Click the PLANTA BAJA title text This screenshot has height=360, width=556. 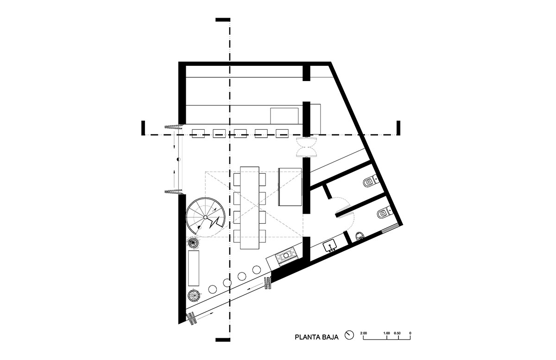click(x=316, y=337)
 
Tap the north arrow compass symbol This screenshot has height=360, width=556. click(x=349, y=335)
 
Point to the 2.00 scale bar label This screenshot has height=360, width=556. click(x=364, y=333)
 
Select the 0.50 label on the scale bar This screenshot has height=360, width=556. click(x=397, y=333)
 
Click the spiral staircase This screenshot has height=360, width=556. click(x=206, y=217)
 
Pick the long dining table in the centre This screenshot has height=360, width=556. click(x=249, y=208)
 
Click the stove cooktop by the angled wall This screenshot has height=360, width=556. click(x=286, y=256)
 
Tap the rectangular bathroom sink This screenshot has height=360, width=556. click(x=329, y=246)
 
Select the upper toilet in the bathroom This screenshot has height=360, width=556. click(x=370, y=183)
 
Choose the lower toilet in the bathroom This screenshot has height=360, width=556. click(x=384, y=213)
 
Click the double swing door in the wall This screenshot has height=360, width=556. click(x=307, y=147)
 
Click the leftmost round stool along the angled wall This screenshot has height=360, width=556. click(x=213, y=289)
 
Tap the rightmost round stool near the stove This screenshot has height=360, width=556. click(x=257, y=270)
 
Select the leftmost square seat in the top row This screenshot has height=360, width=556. click(x=198, y=133)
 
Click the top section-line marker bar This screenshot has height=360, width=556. click(x=223, y=20)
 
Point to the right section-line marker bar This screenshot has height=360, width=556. click(x=398, y=128)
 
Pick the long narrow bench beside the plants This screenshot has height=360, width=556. click(x=194, y=268)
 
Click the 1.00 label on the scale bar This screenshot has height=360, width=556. click(x=387, y=333)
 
